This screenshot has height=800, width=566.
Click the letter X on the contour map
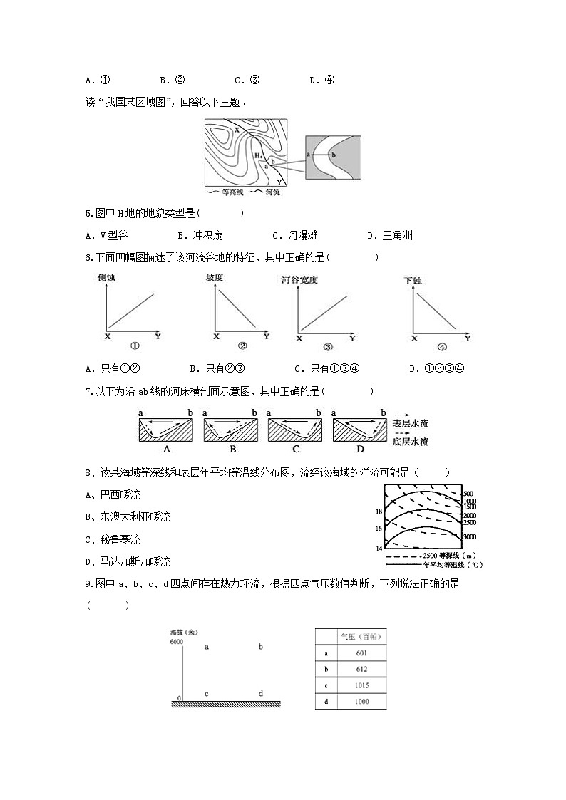pos(236,129)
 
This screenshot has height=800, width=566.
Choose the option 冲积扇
pos(199,236)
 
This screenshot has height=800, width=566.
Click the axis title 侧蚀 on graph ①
pos(107,278)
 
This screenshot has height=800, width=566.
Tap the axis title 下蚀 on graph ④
pos(413,281)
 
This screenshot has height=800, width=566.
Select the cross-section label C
pos(295,450)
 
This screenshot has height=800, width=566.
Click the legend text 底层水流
pos(410,442)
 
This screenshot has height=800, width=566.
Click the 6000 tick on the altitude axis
pos(177,643)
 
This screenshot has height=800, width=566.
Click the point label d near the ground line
pos(260,694)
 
